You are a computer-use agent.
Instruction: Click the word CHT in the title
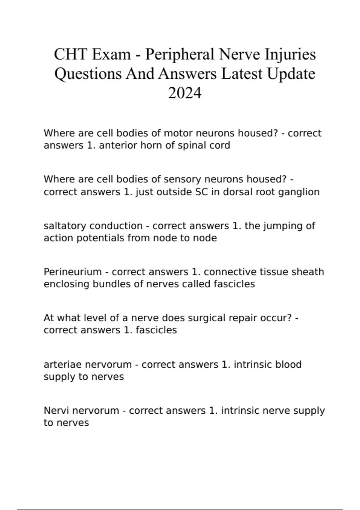[71, 55]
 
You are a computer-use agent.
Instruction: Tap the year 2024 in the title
[184, 93]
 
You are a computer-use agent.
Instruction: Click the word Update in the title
[291, 74]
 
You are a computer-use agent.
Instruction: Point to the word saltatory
[65, 226]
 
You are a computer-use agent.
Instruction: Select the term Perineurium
[73, 272]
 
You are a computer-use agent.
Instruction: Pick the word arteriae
[63, 364]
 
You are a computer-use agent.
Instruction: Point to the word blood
[288, 364]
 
